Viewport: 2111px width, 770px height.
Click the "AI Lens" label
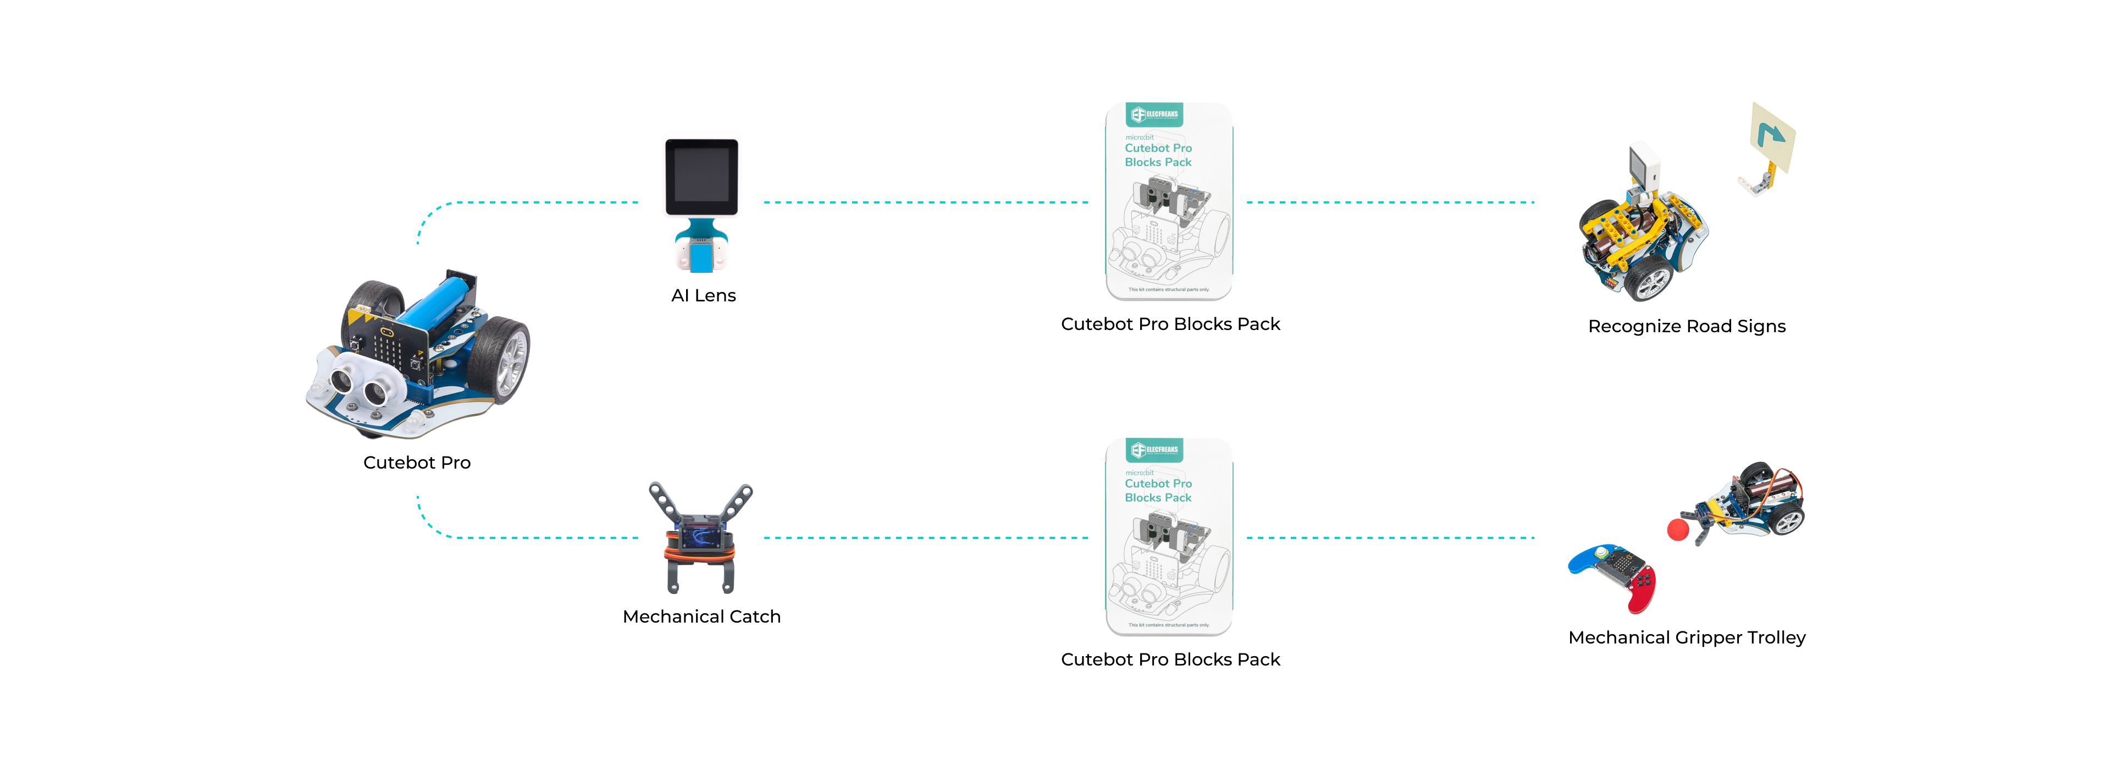click(x=703, y=296)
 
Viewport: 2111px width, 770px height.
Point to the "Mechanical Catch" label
click(x=701, y=617)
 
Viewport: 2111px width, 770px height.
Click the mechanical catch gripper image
click(x=701, y=537)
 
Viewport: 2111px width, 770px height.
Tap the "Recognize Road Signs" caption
click(x=1687, y=326)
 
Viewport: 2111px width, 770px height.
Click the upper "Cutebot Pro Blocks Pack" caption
click(x=1170, y=324)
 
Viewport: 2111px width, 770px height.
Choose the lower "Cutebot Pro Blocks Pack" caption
click(x=1170, y=659)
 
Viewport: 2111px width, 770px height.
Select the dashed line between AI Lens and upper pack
click(x=926, y=202)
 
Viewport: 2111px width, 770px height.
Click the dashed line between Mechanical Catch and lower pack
click(x=926, y=538)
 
